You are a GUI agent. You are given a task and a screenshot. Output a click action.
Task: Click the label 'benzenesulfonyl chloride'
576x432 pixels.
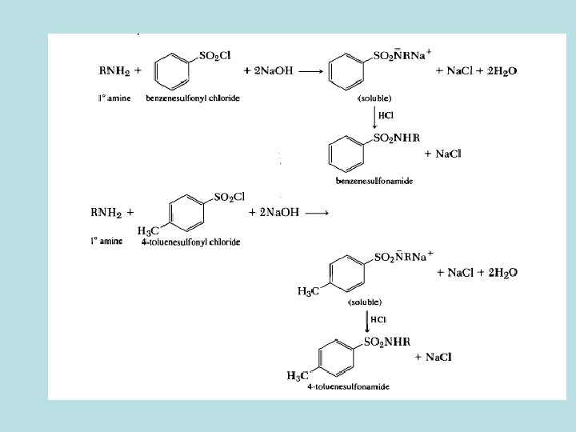[192, 98]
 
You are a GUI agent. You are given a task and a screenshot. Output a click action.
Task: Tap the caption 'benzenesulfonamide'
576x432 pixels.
[374, 182]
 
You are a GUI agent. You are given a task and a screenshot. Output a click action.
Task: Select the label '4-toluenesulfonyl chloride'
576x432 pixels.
[190, 242]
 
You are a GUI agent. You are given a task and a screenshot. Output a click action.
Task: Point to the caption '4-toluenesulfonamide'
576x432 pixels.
[347, 387]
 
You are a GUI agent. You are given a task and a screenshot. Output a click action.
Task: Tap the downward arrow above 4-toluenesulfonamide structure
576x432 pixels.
[367, 322]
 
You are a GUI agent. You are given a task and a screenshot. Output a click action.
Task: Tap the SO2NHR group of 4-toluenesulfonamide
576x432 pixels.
[387, 342]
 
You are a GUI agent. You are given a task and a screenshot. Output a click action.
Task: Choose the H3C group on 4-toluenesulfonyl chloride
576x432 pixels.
[150, 231]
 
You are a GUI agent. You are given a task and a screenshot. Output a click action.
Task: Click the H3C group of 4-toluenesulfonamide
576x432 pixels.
[298, 375]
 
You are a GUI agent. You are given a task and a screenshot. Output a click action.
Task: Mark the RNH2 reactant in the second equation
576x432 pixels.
[106, 213]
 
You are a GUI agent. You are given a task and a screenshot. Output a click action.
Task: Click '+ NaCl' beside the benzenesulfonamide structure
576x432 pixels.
[442, 154]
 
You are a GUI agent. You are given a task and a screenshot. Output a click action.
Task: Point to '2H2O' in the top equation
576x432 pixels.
[500, 70]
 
